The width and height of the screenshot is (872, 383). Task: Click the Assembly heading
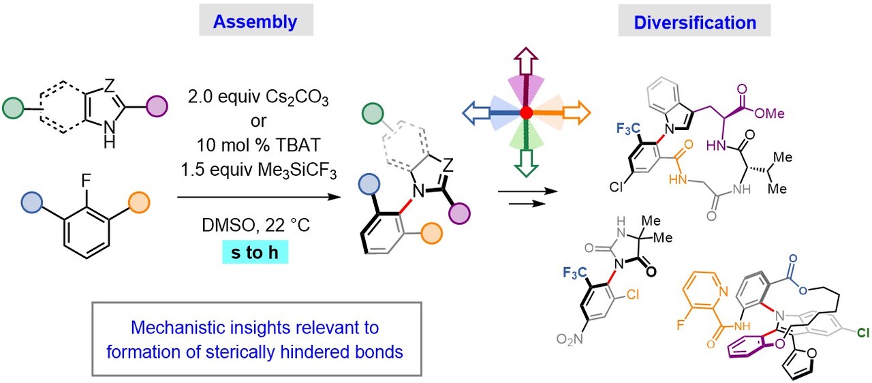point(255,22)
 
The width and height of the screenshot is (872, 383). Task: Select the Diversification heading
point(694,22)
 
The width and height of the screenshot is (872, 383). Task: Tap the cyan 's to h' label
point(255,254)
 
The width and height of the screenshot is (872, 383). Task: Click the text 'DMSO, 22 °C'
point(253,224)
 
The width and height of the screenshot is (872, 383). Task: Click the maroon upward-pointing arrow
point(525,64)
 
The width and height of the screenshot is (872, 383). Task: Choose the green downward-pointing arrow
point(525,160)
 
